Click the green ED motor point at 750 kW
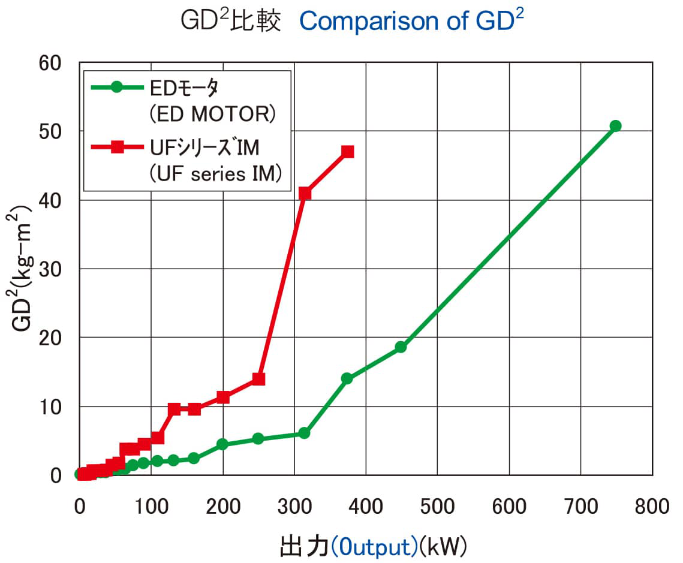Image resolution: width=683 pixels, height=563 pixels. pos(615,126)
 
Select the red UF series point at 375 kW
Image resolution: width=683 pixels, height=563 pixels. pos(347,152)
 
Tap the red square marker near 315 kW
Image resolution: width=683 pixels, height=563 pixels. pos(305,193)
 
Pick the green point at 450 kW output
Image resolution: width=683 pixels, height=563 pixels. pos(401,347)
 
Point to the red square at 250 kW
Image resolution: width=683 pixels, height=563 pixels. pos(258,379)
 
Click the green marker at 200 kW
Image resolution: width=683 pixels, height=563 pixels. pos(222,444)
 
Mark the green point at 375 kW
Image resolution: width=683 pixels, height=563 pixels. pos(347,378)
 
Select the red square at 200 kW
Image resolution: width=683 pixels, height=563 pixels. pos(223,397)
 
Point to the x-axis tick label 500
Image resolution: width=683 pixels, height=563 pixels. pos(437,507)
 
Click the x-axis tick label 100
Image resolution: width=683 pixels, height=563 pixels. pos(151,507)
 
